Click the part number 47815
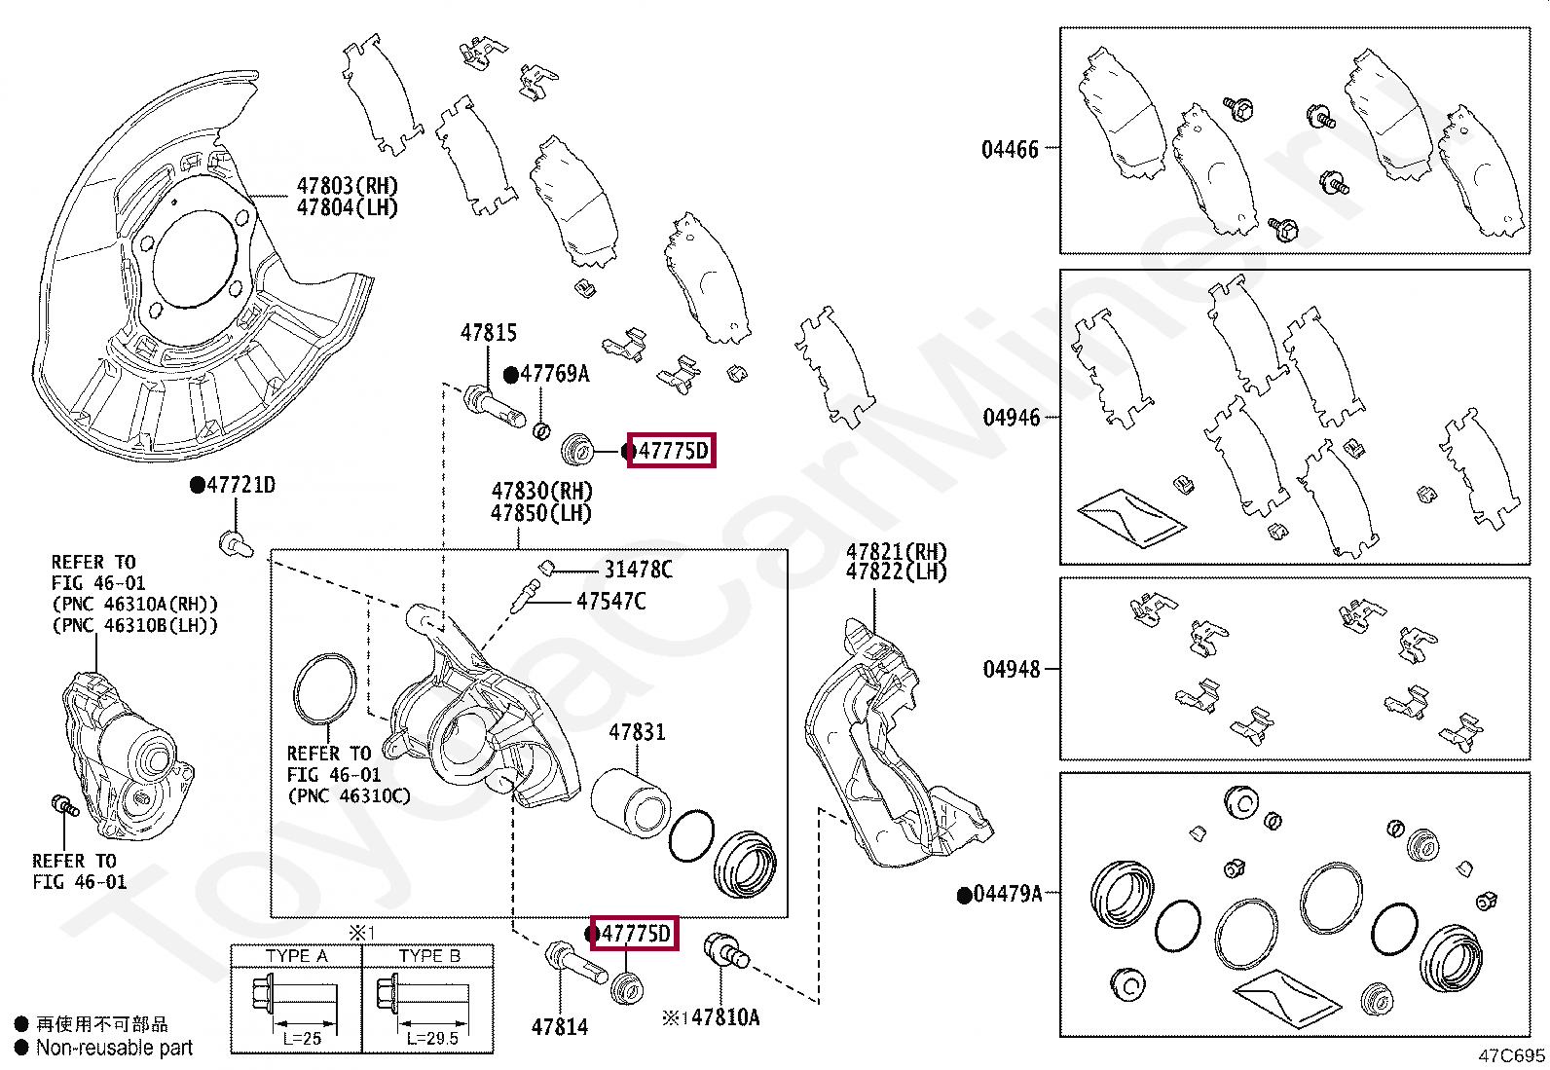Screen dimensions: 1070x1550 488,333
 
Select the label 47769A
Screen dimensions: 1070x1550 554,374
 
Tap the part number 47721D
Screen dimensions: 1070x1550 240,485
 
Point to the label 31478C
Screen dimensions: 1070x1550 638,570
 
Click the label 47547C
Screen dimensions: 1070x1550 610,601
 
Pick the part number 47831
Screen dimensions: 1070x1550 637,731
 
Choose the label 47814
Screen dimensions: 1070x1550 560,1026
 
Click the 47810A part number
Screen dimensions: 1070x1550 724,1017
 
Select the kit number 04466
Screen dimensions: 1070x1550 1010,150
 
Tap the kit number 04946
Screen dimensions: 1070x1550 1011,418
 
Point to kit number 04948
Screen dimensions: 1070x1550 1011,669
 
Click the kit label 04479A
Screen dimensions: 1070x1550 1008,894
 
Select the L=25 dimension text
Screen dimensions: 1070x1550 302,1038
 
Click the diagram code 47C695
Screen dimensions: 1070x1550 1511,1055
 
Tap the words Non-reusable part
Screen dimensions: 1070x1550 114,1048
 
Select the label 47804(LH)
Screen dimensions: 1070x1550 347,207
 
